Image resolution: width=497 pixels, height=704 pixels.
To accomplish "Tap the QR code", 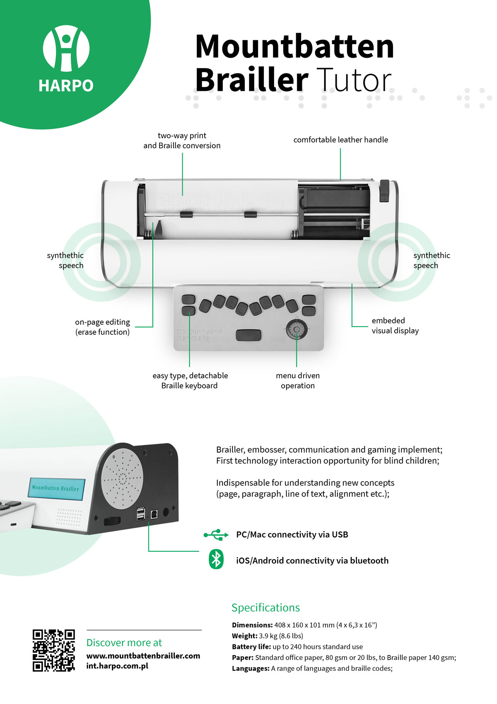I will click(x=54, y=650).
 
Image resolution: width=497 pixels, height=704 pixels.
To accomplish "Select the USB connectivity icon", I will click(x=216, y=535).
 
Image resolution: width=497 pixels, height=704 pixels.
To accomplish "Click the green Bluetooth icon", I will click(x=216, y=560).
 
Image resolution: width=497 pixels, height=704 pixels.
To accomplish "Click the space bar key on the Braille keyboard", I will click(x=248, y=335).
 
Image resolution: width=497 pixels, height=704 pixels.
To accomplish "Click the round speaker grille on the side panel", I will click(x=122, y=480).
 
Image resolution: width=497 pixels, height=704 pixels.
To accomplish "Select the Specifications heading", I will click(x=265, y=607).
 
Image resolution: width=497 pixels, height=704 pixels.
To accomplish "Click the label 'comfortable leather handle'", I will click(x=340, y=140).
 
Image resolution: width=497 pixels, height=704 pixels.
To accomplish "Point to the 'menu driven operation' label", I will click(x=298, y=380).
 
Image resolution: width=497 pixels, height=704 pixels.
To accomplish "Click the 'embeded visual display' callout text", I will click(x=395, y=326).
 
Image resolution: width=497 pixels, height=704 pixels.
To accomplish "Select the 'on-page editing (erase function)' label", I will click(x=102, y=327).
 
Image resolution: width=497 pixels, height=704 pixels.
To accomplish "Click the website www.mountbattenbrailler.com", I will click(x=143, y=656).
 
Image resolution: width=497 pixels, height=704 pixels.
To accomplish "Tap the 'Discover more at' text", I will click(x=124, y=643).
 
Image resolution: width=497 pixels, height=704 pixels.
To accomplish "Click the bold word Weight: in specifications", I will click(x=244, y=636).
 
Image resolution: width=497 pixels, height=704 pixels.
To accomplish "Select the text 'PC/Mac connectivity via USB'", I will click(x=292, y=535).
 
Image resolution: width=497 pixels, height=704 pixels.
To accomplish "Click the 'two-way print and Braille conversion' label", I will click(x=182, y=141).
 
